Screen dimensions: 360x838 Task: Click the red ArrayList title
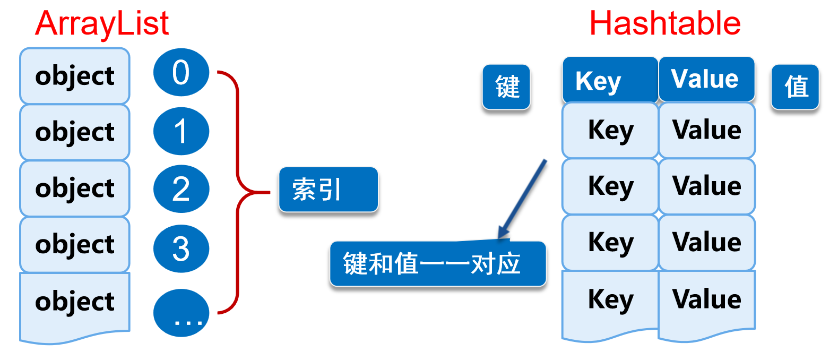pyautogui.click(x=102, y=24)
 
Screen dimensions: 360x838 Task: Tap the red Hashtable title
pyautogui.click(x=664, y=24)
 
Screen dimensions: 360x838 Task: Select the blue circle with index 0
pyautogui.click(x=181, y=72)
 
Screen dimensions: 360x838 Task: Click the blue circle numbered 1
pyautogui.click(x=181, y=131)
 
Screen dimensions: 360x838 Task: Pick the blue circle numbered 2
pyautogui.click(x=181, y=189)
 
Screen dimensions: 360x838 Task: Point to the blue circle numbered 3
pyautogui.click(x=181, y=248)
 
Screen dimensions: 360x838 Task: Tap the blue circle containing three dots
pyautogui.click(x=181, y=313)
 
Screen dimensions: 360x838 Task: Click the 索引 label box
pyautogui.click(x=328, y=190)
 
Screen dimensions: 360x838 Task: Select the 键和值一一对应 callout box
pyautogui.click(x=437, y=264)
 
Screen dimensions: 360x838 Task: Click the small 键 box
pyautogui.click(x=506, y=87)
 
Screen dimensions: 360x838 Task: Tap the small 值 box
pyautogui.click(x=795, y=87)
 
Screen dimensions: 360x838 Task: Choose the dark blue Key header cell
pyautogui.click(x=610, y=80)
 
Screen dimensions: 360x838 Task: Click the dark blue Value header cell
pyautogui.click(x=706, y=79)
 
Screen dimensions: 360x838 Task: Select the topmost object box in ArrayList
pyautogui.click(x=75, y=76)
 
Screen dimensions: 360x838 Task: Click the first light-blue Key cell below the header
pyautogui.click(x=610, y=131)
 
